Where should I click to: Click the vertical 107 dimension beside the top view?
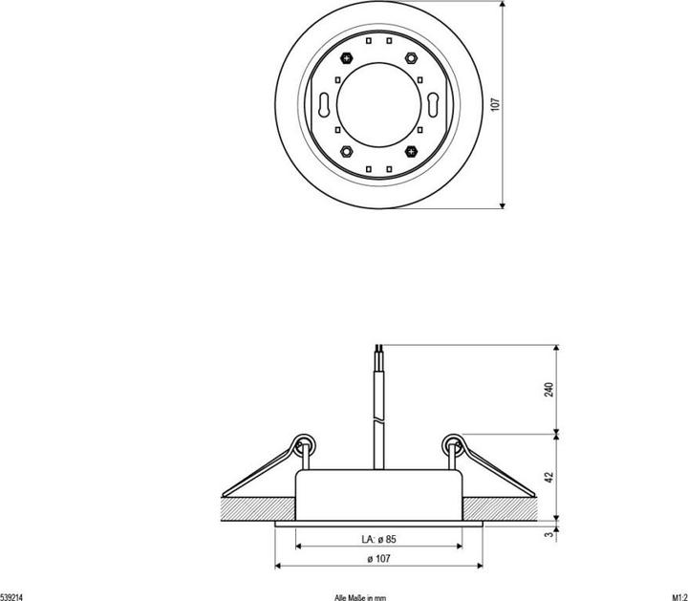click(494, 104)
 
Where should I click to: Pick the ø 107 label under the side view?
click(379, 560)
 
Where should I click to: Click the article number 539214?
click(12, 595)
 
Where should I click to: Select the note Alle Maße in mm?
click(360, 595)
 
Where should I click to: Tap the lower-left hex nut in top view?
click(347, 151)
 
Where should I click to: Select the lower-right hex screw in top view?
click(412, 151)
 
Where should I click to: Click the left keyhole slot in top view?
click(323, 104)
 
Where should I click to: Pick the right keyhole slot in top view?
click(436, 104)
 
